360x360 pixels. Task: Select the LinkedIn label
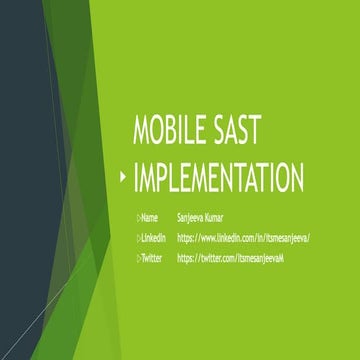click(x=153, y=237)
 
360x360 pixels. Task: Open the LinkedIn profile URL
click(x=243, y=237)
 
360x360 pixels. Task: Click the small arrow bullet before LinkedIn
click(x=139, y=237)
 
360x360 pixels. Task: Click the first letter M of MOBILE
click(x=141, y=134)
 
